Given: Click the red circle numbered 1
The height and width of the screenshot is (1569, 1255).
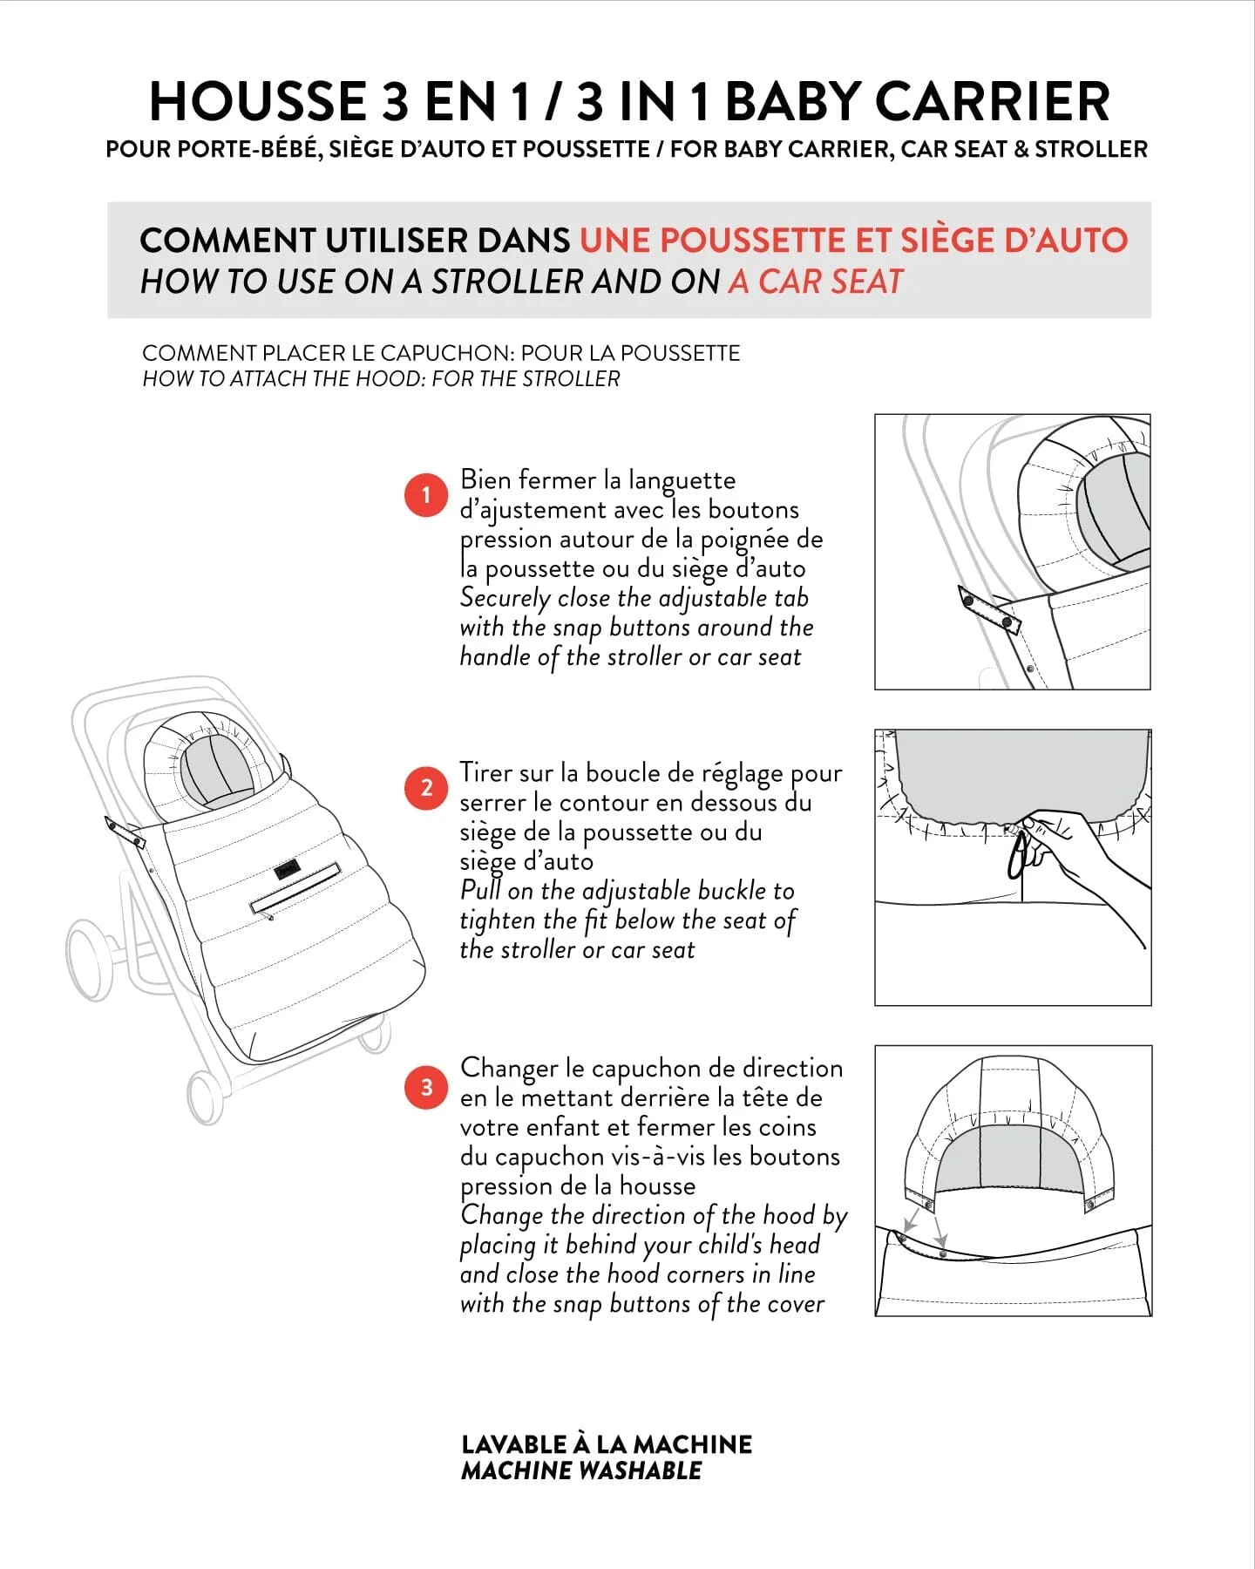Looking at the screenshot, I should click(426, 495).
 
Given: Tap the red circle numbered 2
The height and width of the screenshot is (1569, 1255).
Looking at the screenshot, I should click(426, 788).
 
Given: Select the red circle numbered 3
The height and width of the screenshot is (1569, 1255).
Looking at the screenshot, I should click(426, 1087).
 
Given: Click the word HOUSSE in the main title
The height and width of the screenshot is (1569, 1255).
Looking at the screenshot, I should click(258, 101).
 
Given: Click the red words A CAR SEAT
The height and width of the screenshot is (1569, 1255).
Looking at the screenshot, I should click(816, 282).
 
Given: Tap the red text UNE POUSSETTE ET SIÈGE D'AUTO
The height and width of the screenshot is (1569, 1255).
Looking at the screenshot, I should click(853, 240).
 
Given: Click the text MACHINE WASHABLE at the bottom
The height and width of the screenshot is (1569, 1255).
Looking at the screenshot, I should click(581, 1471).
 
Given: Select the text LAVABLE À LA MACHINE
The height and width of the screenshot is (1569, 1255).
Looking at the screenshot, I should click(607, 1444).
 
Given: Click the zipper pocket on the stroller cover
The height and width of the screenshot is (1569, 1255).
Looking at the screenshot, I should click(295, 886).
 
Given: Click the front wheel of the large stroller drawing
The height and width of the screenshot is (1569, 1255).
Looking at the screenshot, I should click(206, 1097).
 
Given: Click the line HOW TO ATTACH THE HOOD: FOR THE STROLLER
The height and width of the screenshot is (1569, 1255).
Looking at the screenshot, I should click(381, 379).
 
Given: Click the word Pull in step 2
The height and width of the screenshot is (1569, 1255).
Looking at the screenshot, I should click(480, 891).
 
